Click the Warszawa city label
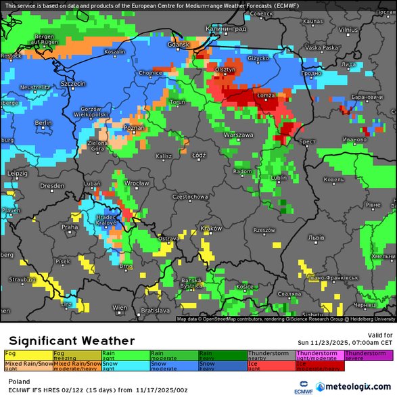coord(237,135)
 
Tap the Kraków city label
coord(211,229)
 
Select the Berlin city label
coord(43,122)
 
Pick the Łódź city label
coord(198,155)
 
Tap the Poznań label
coord(134,127)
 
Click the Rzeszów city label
coord(264,231)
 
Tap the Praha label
coord(70,227)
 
